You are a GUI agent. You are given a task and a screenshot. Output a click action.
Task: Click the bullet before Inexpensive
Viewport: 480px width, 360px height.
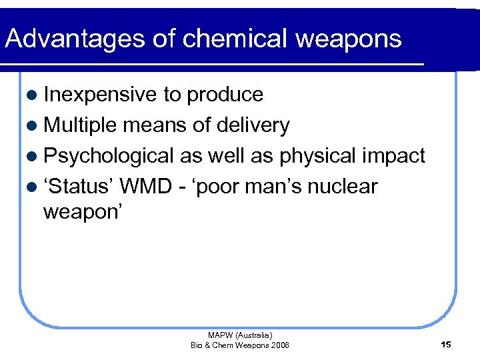tap(33, 95)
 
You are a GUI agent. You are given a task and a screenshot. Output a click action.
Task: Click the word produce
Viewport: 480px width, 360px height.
tap(225, 95)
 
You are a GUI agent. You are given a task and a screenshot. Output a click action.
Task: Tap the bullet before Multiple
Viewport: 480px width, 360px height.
tap(33, 126)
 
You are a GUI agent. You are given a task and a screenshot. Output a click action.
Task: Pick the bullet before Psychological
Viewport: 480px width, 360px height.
tap(33, 157)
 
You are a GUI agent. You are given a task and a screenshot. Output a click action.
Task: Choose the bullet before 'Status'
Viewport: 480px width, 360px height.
tap(33, 187)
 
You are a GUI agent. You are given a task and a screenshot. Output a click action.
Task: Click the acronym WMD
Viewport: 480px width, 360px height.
tap(145, 187)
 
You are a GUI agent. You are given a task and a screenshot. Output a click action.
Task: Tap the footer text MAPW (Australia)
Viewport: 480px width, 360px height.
tap(240, 335)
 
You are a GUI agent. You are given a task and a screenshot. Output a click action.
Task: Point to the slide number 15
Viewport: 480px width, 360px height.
tap(446, 344)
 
